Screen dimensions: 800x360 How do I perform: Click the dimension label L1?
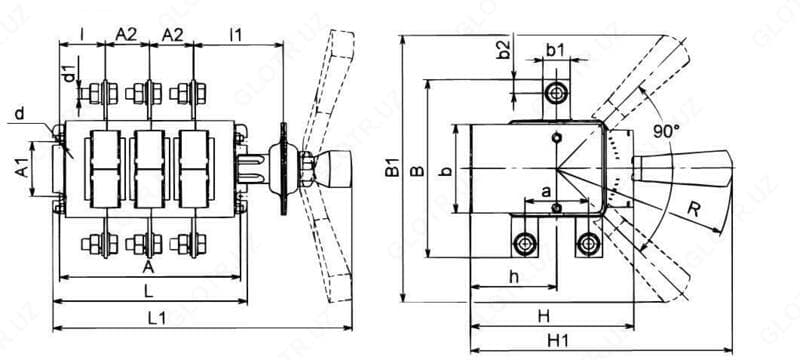click(x=157, y=318)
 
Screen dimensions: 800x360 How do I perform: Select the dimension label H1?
click(x=558, y=341)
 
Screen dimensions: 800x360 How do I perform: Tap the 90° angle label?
click(x=666, y=132)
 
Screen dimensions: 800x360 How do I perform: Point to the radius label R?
click(x=694, y=210)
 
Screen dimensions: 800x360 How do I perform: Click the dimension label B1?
click(x=392, y=168)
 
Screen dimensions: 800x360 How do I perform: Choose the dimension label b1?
click(x=556, y=50)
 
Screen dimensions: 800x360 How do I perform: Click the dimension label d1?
click(x=70, y=69)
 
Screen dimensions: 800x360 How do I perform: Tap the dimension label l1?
click(x=236, y=35)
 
